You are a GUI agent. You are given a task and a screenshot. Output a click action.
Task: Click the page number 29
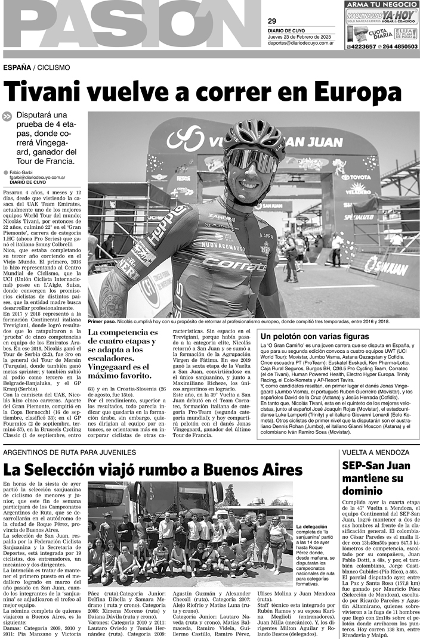click(271, 21)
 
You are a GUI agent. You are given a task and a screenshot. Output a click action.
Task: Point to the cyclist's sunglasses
click(251, 159)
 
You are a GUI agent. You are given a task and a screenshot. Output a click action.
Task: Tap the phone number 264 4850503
click(397, 46)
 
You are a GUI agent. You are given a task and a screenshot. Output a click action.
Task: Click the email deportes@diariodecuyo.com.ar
click(300, 44)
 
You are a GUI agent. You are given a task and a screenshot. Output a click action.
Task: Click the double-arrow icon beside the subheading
click(8, 117)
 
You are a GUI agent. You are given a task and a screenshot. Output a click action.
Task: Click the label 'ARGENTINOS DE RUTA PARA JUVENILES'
click(70, 452)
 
